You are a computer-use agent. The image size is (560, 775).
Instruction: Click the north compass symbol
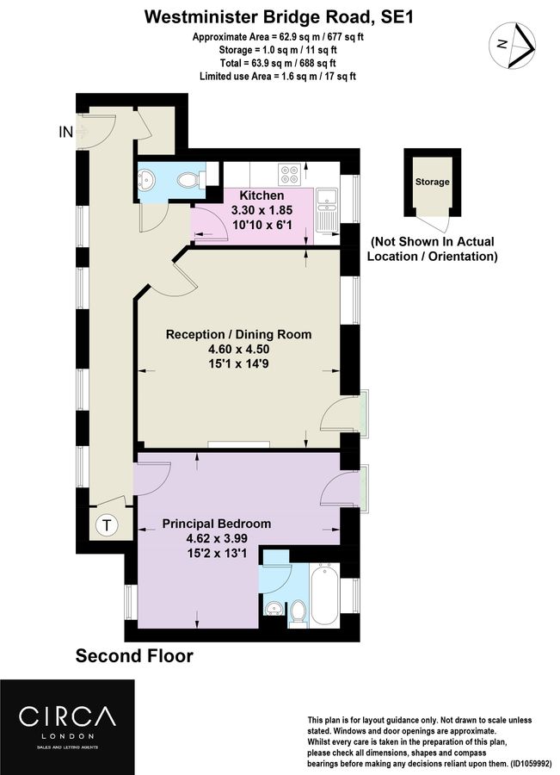(514, 42)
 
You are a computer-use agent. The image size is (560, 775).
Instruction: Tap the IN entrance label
(65, 132)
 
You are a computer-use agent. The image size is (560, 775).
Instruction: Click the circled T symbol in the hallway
(108, 524)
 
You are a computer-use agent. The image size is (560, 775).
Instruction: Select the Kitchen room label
(262, 196)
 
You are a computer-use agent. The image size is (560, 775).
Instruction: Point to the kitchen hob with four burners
(289, 173)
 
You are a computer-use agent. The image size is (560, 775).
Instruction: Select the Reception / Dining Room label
(238, 334)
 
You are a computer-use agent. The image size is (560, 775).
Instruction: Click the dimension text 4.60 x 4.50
(238, 350)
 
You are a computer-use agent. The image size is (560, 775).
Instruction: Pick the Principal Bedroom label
(217, 524)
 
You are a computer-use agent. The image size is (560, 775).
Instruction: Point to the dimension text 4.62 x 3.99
(217, 539)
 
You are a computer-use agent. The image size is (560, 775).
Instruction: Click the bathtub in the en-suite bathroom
(324, 594)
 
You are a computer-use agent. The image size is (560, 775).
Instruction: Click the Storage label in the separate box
(432, 182)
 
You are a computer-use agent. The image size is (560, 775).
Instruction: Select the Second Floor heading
(134, 656)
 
